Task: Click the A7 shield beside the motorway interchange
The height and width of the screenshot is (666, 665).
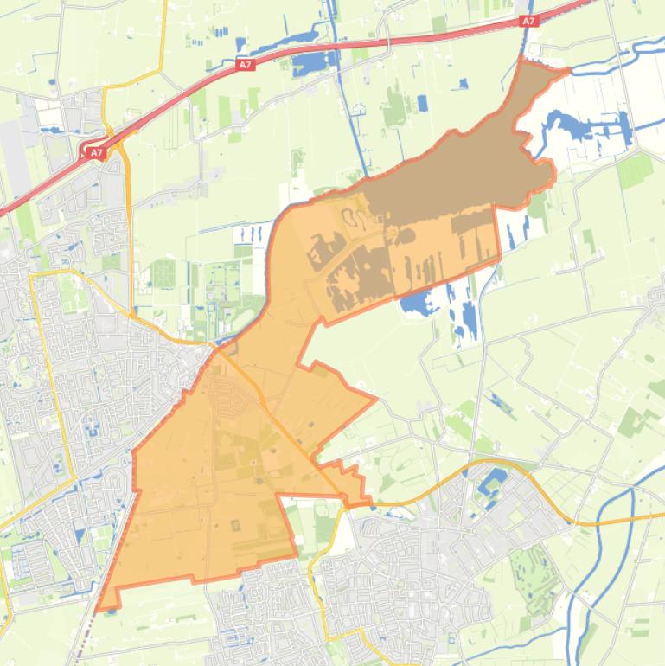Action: pos(94,153)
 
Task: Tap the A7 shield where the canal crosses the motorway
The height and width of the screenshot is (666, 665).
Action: pos(528,21)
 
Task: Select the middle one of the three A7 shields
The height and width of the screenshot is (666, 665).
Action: pos(246,64)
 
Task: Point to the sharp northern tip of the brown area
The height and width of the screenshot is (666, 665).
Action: pos(522,61)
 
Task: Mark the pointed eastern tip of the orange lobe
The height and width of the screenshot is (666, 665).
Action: pos(374,399)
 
